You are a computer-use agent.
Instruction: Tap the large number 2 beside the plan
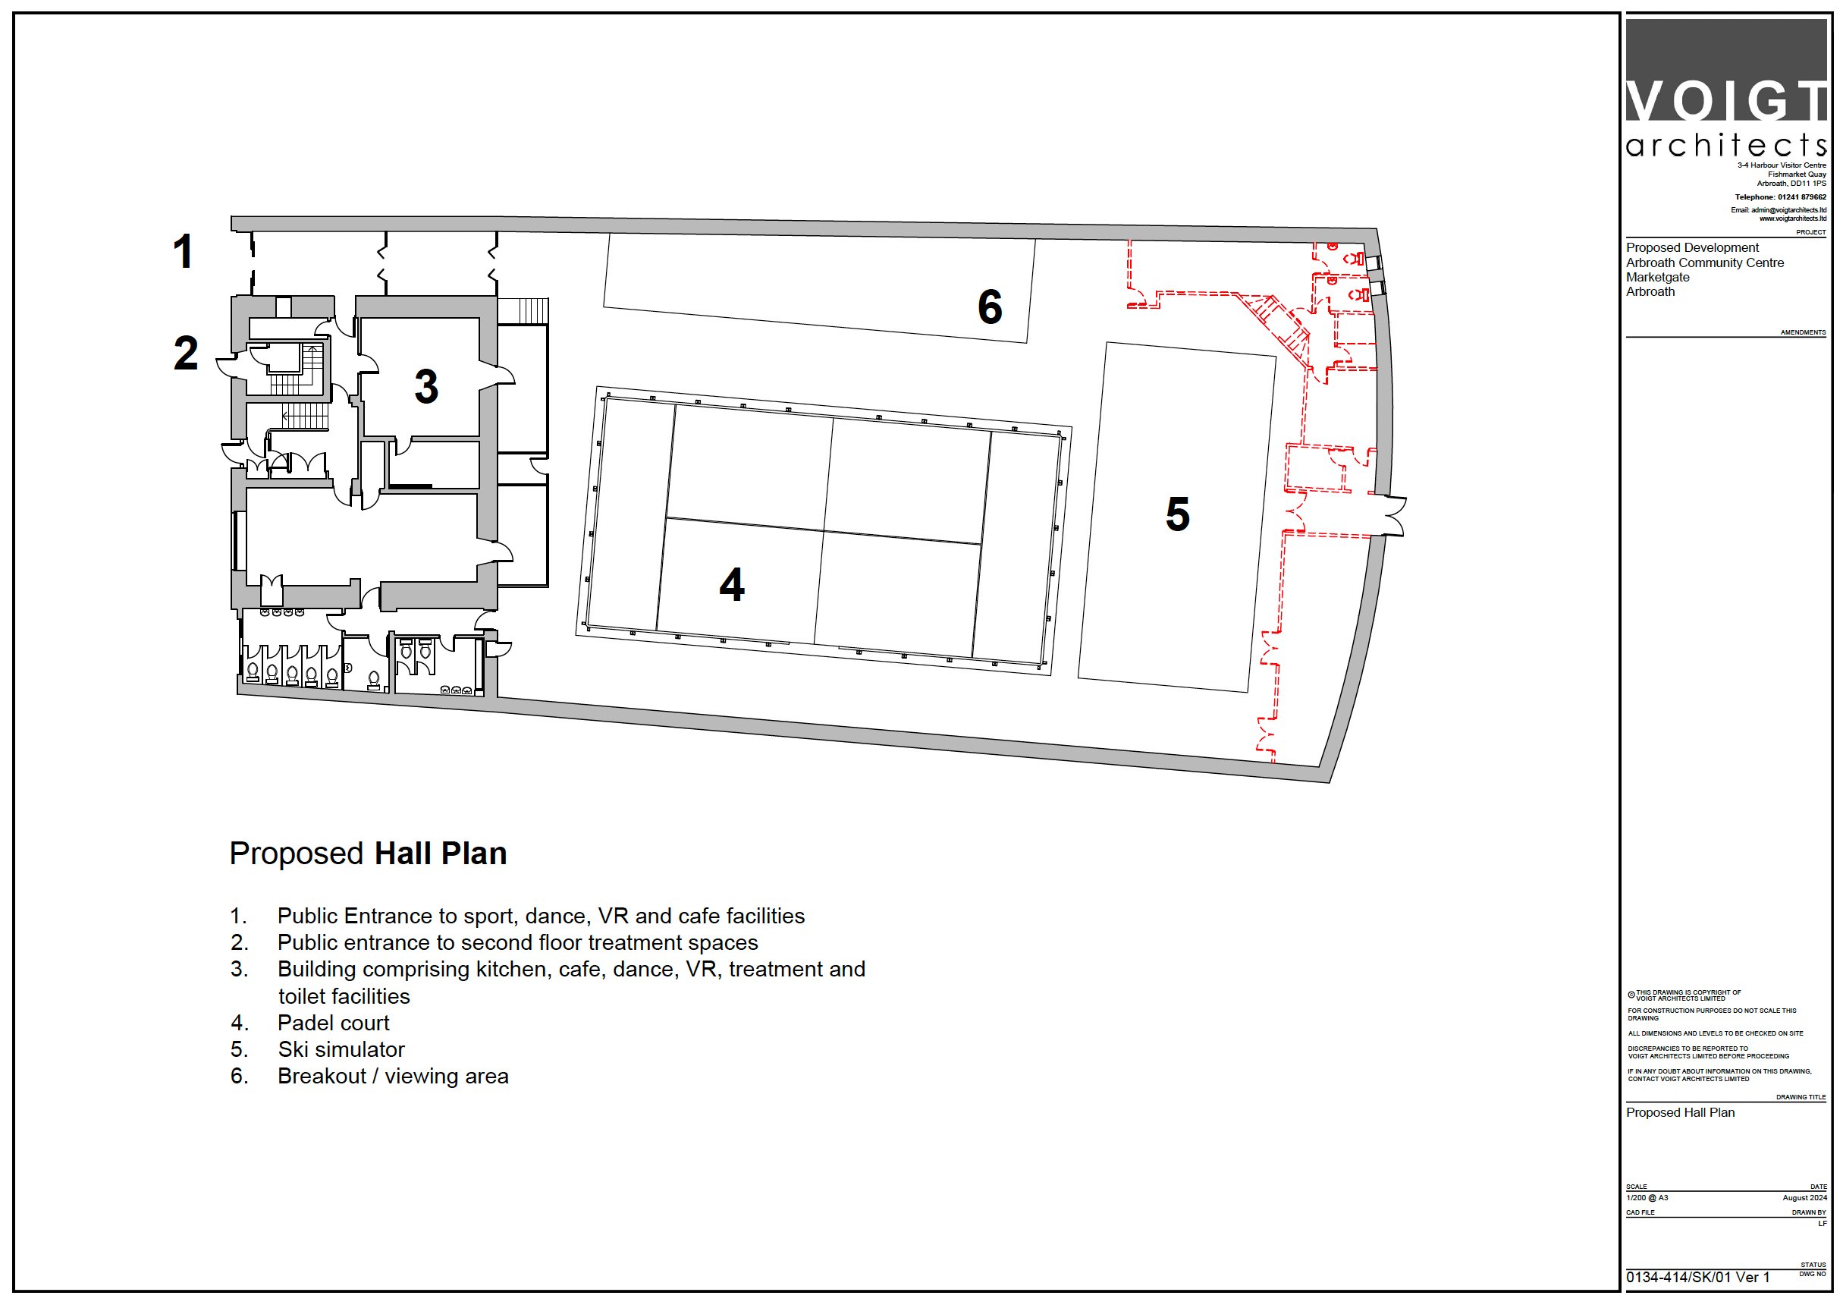[x=185, y=353]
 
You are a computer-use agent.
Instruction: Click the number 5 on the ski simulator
[x=1177, y=514]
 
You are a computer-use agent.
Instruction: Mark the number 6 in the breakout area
[x=990, y=307]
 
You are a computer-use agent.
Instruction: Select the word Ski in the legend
[x=292, y=1049]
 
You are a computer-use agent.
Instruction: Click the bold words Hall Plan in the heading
[x=441, y=853]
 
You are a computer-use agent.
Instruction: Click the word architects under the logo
[x=1725, y=145]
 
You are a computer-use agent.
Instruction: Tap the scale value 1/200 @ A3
[x=1647, y=1198]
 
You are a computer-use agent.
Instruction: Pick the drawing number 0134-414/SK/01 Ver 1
[x=1697, y=1278]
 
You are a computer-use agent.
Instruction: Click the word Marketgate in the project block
[x=1658, y=277]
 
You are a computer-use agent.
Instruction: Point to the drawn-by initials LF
[x=1822, y=1224]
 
